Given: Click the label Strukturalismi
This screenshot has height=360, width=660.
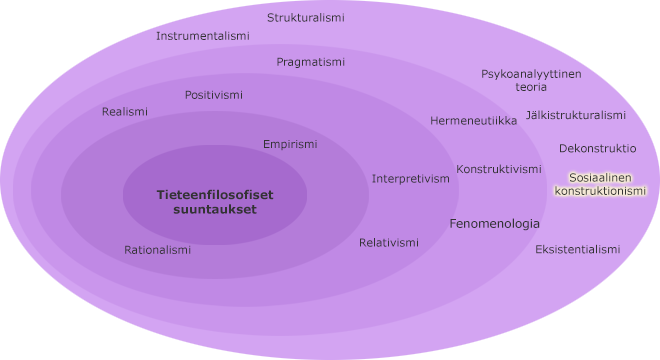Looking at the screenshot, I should click(305, 17).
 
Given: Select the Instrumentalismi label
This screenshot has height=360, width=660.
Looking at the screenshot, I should click(203, 36).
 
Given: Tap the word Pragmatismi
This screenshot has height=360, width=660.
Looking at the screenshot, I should click(310, 62).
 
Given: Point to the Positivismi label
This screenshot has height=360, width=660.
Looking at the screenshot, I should click(213, 95).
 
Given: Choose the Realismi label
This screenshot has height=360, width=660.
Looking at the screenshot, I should click(124, 112).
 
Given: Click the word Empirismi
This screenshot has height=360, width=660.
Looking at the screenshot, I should click(290, 144).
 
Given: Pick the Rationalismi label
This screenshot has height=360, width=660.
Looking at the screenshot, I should click(157, 250).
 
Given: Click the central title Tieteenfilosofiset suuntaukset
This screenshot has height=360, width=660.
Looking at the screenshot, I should click(215, 202).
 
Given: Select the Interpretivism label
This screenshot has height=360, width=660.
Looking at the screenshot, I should click(410, 179).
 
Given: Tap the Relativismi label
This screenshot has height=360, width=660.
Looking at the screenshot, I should click(389, 243).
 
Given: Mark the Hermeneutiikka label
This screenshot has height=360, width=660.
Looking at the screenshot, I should click(473, 121).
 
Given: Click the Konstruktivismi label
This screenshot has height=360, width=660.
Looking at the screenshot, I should click(499, 169).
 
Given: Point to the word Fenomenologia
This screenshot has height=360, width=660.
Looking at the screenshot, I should click(494, 224).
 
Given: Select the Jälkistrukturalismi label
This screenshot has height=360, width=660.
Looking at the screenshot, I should click(575, 115).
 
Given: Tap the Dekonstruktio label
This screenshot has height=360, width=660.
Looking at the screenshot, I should click(597, 148).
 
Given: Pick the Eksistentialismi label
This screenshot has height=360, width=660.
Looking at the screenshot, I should click(577, 249).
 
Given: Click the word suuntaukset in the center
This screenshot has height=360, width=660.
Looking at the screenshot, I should click(215, 210).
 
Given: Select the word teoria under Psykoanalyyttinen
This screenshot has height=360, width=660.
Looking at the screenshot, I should click(531, 87).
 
